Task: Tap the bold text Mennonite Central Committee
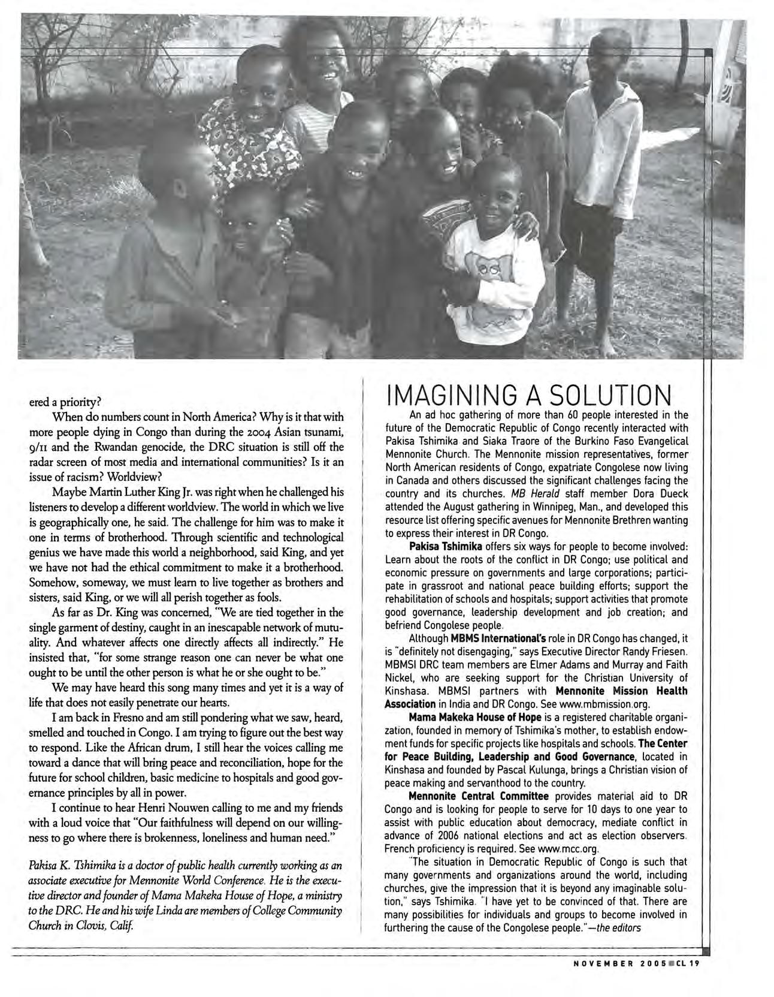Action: point(478,796)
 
